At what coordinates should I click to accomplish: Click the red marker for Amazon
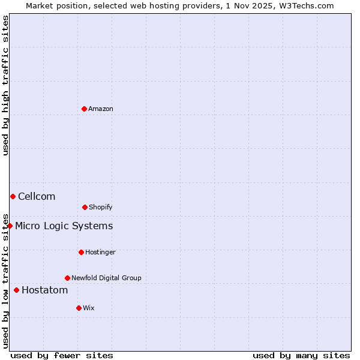click(84, 109)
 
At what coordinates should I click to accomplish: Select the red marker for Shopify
click(85, 207)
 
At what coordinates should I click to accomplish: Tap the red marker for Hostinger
click(81, 252)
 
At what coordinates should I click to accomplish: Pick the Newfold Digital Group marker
click(67, 278)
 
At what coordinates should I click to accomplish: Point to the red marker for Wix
click(79, 308)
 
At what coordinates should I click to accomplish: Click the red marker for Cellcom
click(13, 196)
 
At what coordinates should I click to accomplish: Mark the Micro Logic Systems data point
click(10, 226)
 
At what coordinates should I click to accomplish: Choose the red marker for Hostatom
click(16, 290)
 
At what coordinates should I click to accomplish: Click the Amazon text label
click(101, 109)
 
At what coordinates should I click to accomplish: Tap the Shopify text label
click(101, 207)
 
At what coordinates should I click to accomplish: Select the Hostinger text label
click(100, 252)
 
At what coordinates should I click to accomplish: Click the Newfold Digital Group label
click(106, 278)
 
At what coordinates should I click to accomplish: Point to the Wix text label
click(89, 308)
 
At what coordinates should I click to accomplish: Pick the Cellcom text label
click(37, 196)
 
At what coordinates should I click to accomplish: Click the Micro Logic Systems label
click(64, 226)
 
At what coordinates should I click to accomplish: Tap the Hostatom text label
click(44, 290)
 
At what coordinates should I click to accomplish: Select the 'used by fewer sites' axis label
click(62, 355)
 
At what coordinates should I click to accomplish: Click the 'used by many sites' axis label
click(301, 355)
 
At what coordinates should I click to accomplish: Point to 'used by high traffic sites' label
click(5, 85)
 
